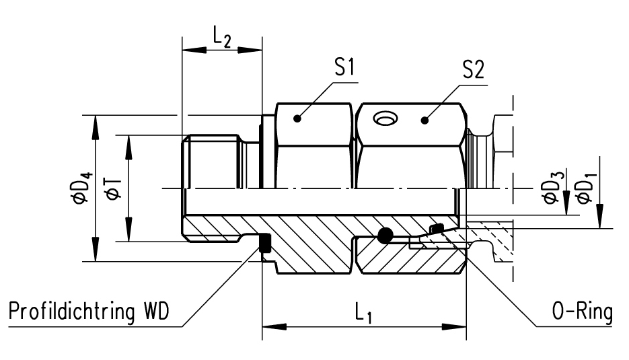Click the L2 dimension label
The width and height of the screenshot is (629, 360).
pyautogui.click(x=221, y=39)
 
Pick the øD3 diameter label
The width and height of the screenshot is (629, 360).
pyautogui.click(x=553, y=188)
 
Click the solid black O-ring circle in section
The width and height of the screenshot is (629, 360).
pyautogui.click(x=385, y=236)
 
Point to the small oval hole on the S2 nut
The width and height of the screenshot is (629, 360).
pyautogui.click(x=385, y=119)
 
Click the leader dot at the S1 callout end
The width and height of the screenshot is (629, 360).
pyautogui.click(x=297, y=120)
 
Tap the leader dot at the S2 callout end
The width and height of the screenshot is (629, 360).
pyautogui.click(x=424, y=120)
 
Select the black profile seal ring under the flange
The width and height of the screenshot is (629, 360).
pyautogui.click(x=265, y=244)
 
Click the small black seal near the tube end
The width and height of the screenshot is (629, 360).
pyautogui.click(x=436, y=230)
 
